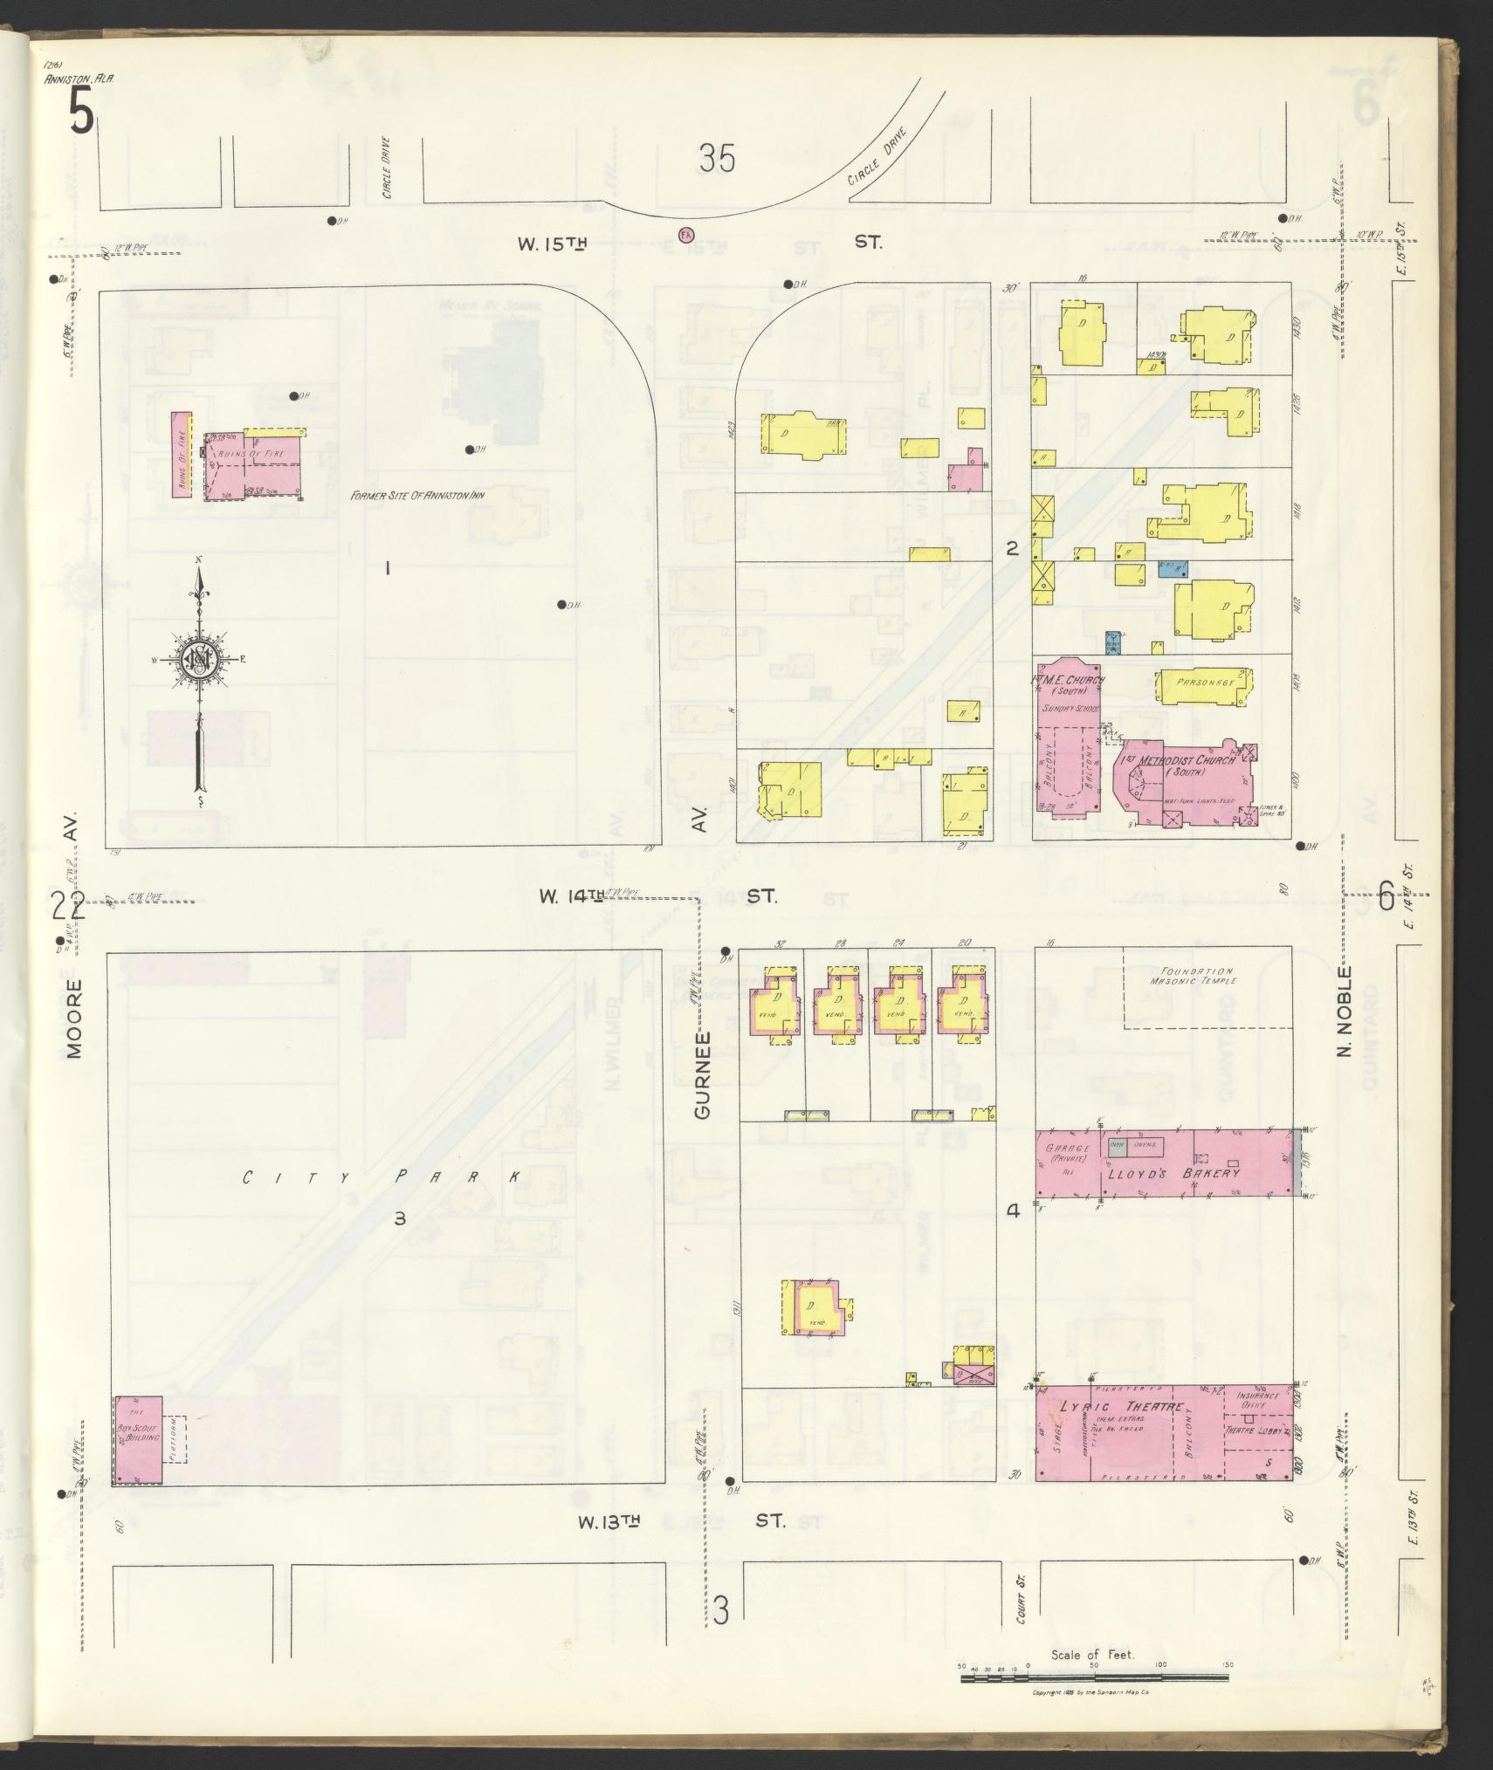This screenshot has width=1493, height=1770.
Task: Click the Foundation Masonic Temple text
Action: point(1197,976)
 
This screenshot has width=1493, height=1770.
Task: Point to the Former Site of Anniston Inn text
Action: point(417,495)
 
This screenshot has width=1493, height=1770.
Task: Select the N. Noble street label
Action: point(1345,1012)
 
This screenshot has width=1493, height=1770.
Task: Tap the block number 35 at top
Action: point(717,159)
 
